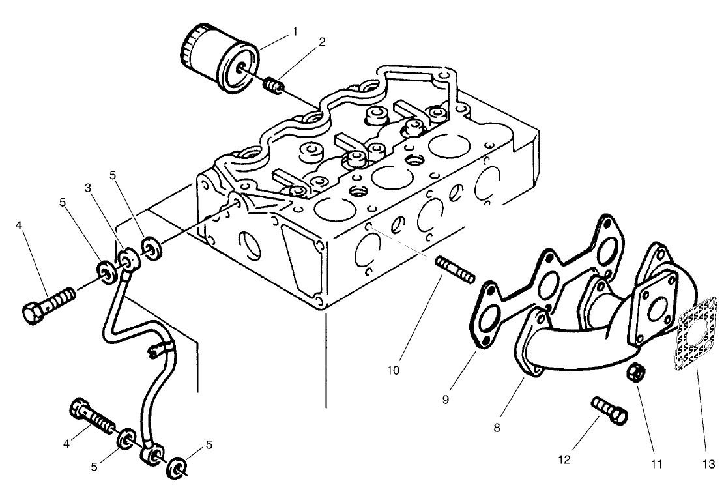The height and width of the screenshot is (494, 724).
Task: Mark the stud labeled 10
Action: click(x=454, y=269)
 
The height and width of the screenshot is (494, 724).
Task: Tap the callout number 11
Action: click(x=656, y=464)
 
